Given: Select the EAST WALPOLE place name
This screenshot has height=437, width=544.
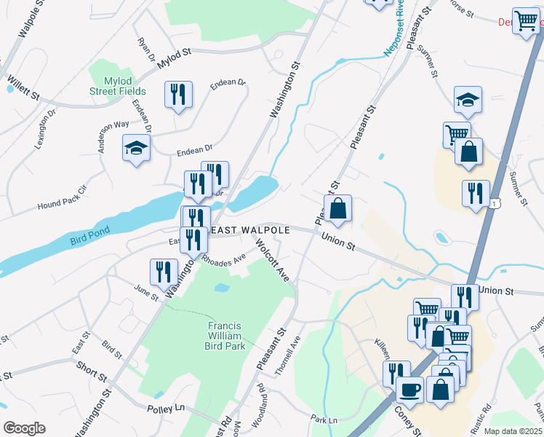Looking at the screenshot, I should (250, 230).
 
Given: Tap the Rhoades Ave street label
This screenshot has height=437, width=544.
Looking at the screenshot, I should (224, 259).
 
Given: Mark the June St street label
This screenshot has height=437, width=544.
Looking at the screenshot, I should (146, 293).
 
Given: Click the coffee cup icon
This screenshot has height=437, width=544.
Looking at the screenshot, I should (409, 388).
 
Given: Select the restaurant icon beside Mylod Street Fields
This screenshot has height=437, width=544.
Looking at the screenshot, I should (178, 94).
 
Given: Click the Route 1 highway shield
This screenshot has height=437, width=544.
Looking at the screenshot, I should (495, 206).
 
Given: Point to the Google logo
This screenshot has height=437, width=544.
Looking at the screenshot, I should (24, 428).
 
